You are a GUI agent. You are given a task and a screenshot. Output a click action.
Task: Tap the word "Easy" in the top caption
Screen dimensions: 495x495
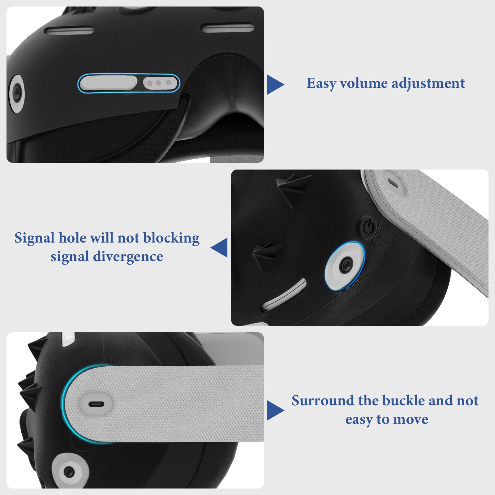point(321,84)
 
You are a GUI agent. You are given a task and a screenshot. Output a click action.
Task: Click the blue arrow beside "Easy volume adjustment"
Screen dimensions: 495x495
point(276,84)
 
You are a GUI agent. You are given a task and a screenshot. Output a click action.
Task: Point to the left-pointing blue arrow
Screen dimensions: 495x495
point(219,247)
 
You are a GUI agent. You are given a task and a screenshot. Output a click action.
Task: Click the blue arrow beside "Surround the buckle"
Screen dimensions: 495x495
point(276,410)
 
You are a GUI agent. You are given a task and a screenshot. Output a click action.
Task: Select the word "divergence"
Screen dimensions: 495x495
point(128,256)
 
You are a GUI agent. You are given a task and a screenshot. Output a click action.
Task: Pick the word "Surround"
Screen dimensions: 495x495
point(323,400)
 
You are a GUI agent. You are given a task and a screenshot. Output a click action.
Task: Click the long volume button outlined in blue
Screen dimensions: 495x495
point(108,83)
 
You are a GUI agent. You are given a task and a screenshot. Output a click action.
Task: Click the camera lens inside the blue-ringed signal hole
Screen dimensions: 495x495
point(345,265)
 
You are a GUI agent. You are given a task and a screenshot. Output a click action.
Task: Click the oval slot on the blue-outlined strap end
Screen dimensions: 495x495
point(97,404)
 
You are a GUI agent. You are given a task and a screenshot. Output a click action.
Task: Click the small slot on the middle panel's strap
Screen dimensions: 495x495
point(394,183)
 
